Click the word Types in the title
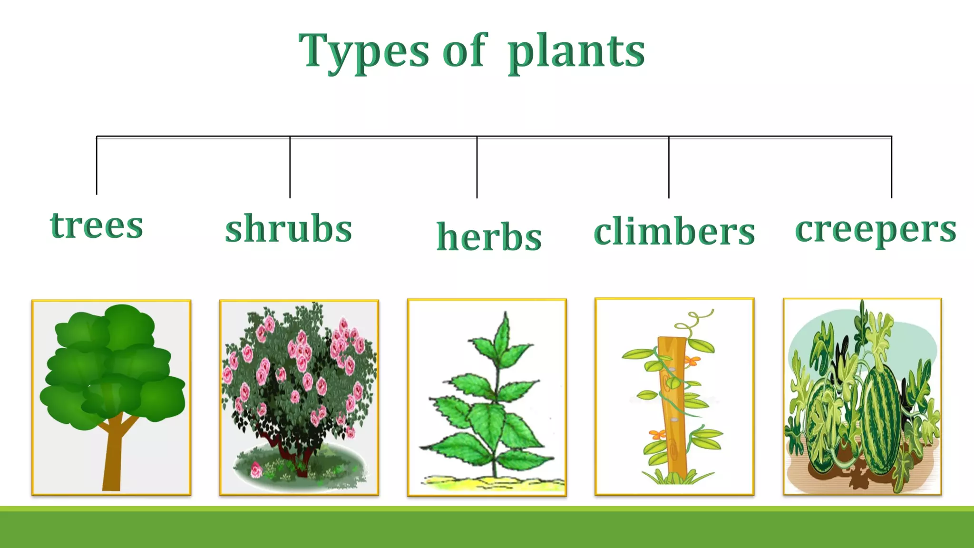(x=364, y=51)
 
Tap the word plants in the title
(x=576, y=51)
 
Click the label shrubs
(x=288, y=229)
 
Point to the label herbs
(x=489, y=236)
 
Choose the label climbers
(x=674, y=232)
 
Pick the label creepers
(x=876, y=229)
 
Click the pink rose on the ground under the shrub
(x=256, y=470)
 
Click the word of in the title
(x=464, y=51)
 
